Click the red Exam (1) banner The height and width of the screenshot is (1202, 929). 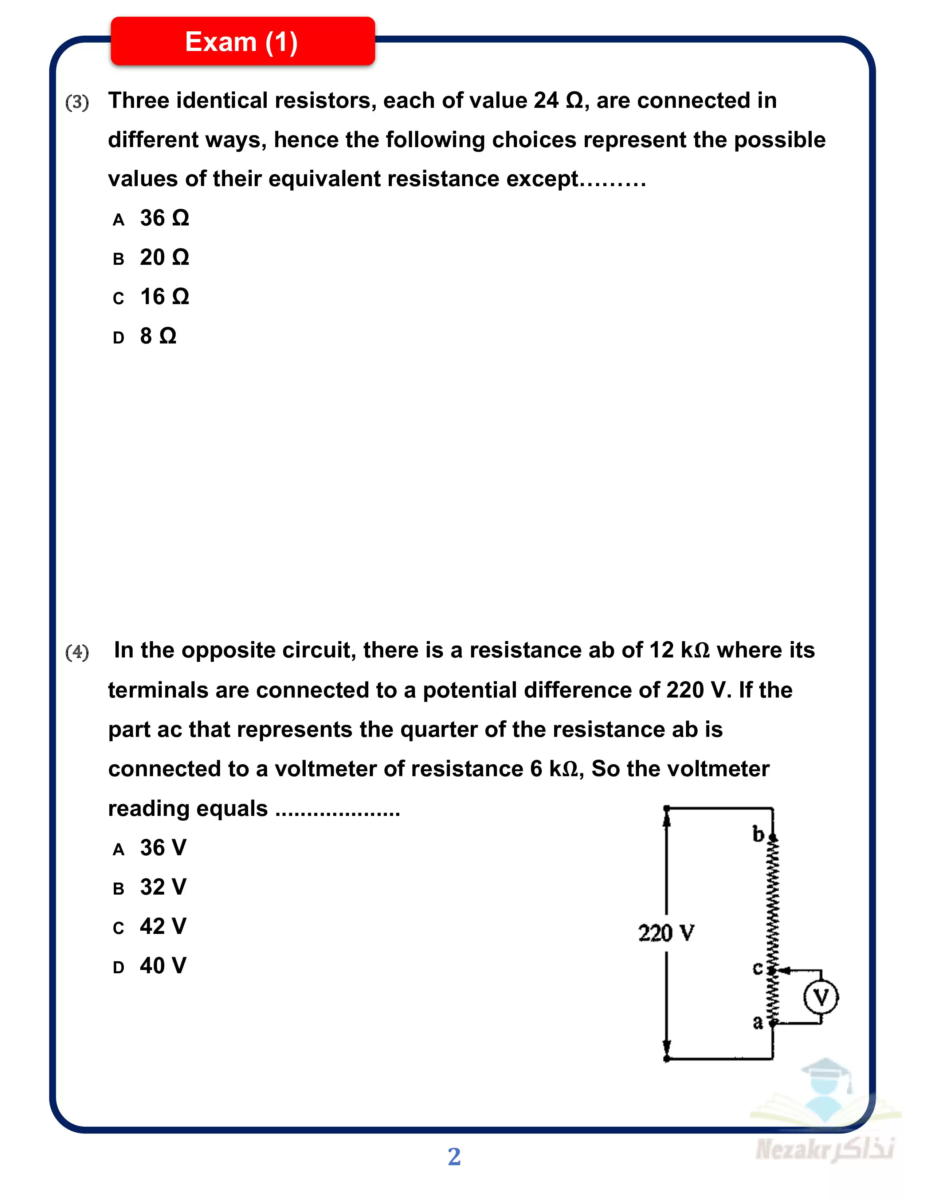[242, 42]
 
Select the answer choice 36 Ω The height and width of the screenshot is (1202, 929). [164, 219]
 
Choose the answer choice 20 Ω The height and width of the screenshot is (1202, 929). [164, 258]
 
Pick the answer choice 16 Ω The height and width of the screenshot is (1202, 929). [164, 297]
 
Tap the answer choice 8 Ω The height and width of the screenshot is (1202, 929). [158, 336]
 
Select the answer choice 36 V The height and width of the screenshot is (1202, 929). [163, 848]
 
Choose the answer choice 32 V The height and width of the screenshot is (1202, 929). [163, 887]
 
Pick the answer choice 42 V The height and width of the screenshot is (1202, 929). [163, 927]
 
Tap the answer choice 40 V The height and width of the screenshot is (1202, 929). [163, 966]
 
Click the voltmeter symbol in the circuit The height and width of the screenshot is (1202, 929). [820, 997]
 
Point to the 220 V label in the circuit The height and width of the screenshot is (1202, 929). [666, 934]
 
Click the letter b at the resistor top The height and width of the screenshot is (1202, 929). [758, 834]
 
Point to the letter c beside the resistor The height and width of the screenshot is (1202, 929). [757, 969]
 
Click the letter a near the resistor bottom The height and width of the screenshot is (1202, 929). [758, 1022]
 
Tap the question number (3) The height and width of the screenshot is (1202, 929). [77, 102]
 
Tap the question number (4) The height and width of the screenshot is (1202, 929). [77, 652]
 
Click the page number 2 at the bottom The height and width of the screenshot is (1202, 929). [454, 1156]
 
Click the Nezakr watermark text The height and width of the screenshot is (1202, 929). [824, 1149]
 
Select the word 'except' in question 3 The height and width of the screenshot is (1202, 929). [541, 180]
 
